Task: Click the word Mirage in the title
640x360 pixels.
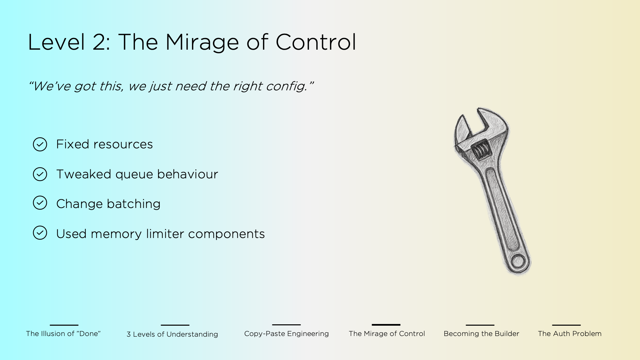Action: click(202, 42)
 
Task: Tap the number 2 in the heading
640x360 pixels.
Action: click(99, 42)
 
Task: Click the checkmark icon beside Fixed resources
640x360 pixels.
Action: click(40, 144)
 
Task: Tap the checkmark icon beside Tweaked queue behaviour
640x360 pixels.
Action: click(40, 174)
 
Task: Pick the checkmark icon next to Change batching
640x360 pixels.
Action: click(40, 203)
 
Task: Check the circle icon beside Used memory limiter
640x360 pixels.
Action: click(40, 233)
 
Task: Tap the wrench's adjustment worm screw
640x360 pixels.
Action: click(481, 150)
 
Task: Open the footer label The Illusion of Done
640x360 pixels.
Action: click(63, 334)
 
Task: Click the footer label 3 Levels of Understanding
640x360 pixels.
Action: click(172, 334)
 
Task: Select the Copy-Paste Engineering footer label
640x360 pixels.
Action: click(286, 334)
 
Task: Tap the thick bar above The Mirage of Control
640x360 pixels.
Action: click(386, 325)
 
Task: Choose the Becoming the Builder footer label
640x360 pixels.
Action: click(481, 334)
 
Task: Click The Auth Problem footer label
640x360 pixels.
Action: click(570, 334)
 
